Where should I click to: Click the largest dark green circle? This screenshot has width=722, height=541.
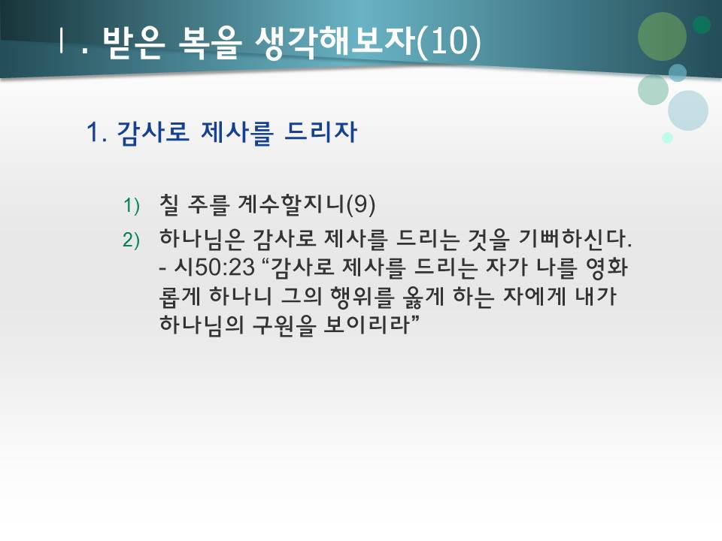[662, 36]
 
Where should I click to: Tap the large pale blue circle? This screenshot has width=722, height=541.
[688, 110]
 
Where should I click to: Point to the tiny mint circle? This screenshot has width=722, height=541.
[667, 138]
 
